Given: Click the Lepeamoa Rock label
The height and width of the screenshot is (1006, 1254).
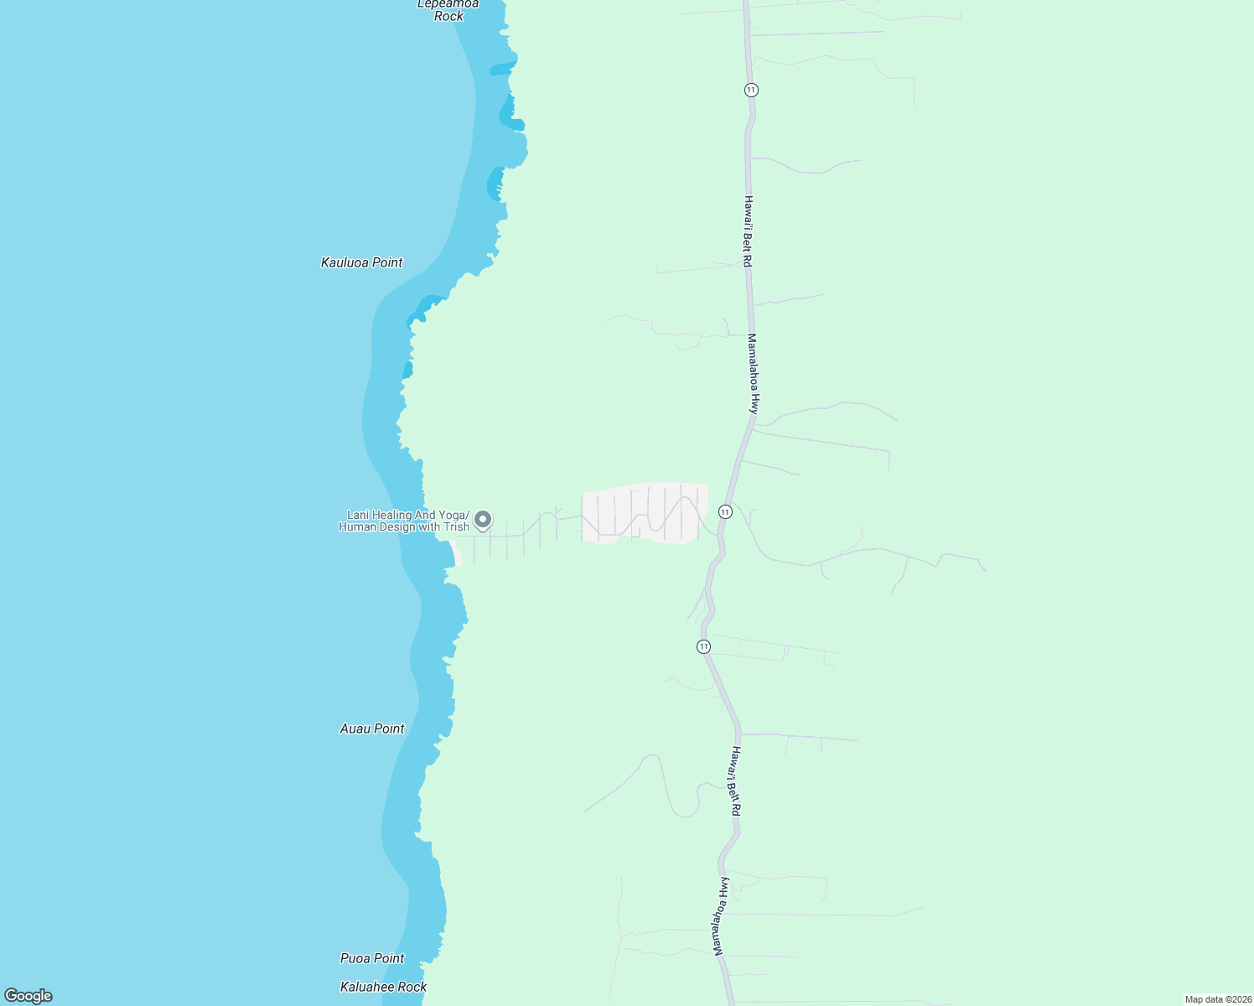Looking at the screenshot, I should tap(448, 9).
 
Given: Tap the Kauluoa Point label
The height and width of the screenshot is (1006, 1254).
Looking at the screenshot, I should tap(361, 262).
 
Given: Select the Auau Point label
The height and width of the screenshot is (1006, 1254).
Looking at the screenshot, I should tap(372, 729).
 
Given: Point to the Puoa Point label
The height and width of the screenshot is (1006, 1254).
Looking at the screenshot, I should tap(372, 958).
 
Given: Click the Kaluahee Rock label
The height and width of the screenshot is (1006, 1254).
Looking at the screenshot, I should tap(383, 987).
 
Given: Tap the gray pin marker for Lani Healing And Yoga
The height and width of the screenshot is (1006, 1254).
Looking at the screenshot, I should tap(483, 520).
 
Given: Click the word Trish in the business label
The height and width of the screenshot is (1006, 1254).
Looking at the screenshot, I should tap(456, 526).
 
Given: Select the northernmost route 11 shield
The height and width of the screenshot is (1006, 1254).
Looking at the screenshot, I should tap(751, 90).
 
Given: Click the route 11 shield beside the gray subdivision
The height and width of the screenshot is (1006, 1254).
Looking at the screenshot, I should tap(725, 511).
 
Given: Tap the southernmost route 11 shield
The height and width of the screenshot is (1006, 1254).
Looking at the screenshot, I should tap(703, 646).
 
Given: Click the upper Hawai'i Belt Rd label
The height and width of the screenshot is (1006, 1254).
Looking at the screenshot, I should tap(748, 231).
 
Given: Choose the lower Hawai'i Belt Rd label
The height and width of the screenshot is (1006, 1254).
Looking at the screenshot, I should tap(734, 781).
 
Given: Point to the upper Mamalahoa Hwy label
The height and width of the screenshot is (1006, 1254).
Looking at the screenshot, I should tap(753, 373).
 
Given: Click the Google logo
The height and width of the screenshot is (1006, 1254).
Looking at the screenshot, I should tap(28, 996).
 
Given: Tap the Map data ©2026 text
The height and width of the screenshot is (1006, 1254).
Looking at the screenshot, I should tap(1217, 999).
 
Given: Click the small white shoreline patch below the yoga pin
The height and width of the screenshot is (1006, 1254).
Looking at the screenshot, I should tap(457, 553).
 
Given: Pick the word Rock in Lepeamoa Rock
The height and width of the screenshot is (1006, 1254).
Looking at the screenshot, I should tap(448, 16).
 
